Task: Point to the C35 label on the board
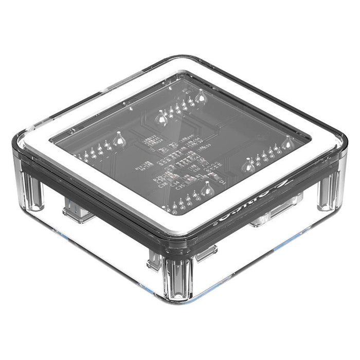[x=181, y=188]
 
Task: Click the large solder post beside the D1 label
[x=208, y=191]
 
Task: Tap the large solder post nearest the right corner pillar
[x=248, y=163]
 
